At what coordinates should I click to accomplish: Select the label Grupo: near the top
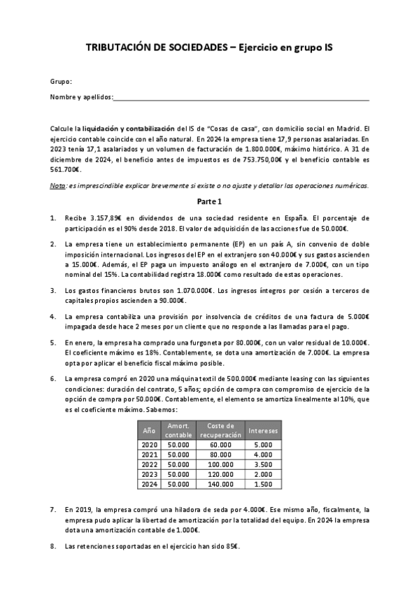(62, 82)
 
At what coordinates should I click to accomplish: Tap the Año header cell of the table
(149, 431)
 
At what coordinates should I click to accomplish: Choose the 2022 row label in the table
(150, 464)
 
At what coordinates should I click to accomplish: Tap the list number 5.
(54, 343)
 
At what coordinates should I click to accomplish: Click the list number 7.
(54, 510)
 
